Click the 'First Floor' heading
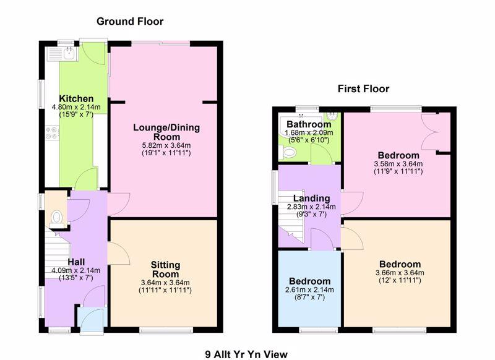pyautogui.click(x=363, y=88)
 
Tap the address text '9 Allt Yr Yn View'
pyautogui.click(x=247, y=354)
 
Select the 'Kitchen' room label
pyautogui.click(x=76, y=99)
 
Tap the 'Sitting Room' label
pyautogui.click(x=165, y=269)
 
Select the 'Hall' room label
pyautogui.click(x=77, y=261)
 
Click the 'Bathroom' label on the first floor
pyautogui.click(x=309, y=124)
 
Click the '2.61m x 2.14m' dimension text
pyautogui.click(x=310, y=289)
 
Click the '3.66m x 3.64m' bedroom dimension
pyautogui.click(x=397, y=273)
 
